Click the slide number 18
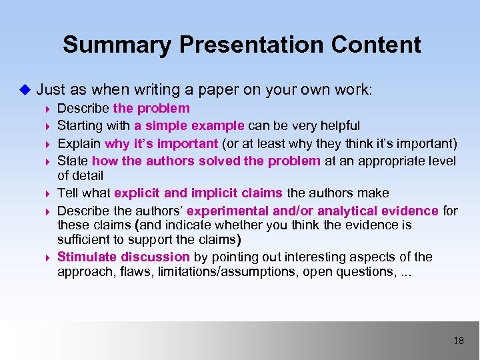(x=458, y=341)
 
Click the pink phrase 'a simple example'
(x=189, y=125)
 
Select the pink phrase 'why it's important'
(x=161, y=143)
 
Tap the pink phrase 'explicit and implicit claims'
(x=198, y=193)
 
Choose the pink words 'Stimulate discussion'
(x=123, y=257)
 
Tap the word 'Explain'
(x=79, y=143)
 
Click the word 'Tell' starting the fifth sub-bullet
(x=68, y=193)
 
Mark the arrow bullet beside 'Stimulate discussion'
(x=47, y=257)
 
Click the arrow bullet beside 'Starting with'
(x=47, y=126)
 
